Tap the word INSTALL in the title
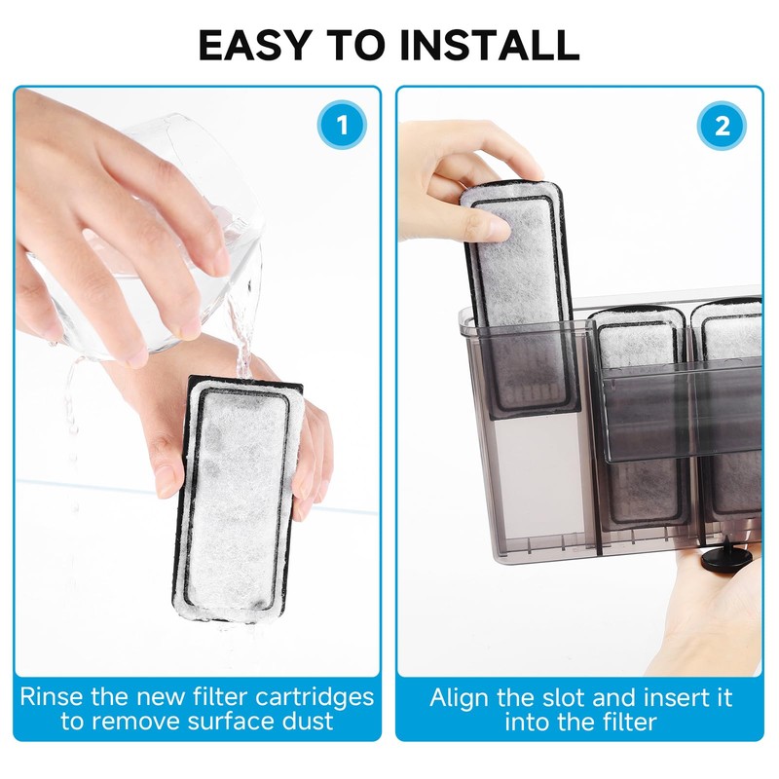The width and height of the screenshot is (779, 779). [489, 45]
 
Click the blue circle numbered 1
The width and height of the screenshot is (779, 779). [342, 125]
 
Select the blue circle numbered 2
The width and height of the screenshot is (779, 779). [722, 126]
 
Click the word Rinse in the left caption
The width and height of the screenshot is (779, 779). [53, 696]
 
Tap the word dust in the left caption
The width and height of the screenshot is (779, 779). [308, 721]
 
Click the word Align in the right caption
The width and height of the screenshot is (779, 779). [460, 698]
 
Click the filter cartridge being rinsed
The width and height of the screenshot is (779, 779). [239, 500]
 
